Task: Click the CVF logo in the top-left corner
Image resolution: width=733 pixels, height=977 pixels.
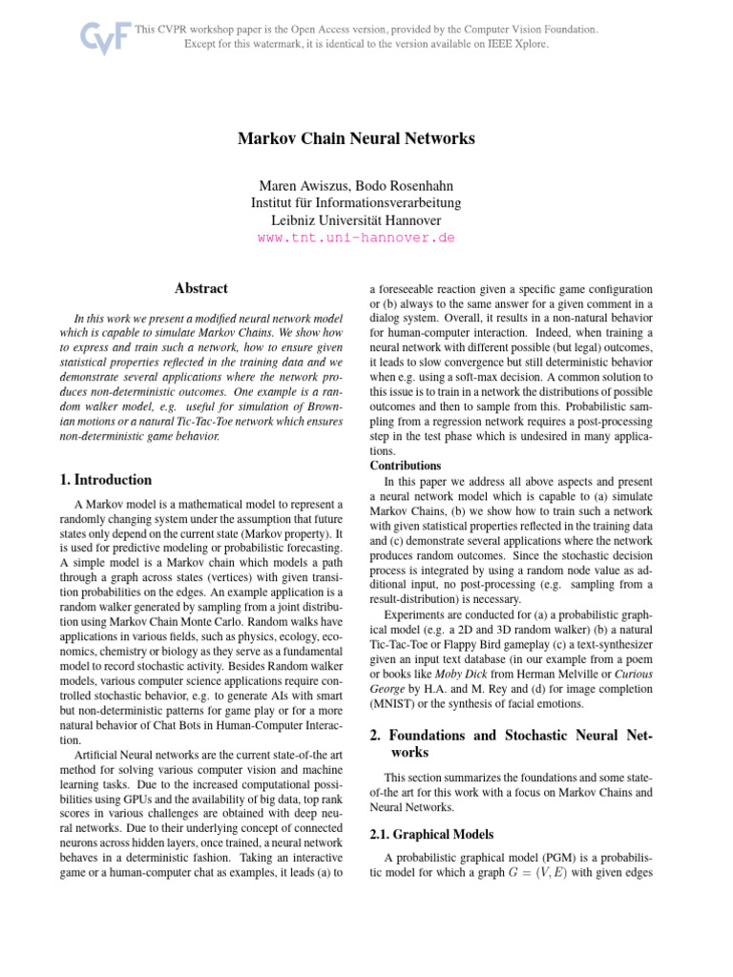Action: [x=98, y=37]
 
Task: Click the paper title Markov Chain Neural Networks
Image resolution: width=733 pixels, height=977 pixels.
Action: [x=356, y=138]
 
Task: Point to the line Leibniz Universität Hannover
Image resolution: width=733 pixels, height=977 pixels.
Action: [x=356, y=219]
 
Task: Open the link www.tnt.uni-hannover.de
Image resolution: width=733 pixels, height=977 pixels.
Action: [x=356, y=238]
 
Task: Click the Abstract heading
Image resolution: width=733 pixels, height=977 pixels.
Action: [x=201, y=287]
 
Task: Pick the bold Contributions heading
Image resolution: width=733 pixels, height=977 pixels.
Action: [x=406, y=466]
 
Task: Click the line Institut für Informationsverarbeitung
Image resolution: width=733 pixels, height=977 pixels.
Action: [x=356, y=202]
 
